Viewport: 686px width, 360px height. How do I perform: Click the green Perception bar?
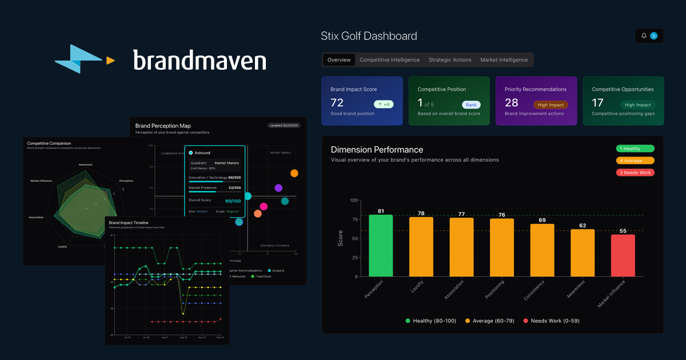(x=381, y=245)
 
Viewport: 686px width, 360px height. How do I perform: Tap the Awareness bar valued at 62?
(x=583, y=253)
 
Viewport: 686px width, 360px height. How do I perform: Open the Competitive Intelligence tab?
(x=389, y=60)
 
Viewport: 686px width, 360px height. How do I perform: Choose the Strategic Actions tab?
(x=450, y=60)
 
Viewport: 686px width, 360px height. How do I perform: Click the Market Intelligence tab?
(x=504, y=60)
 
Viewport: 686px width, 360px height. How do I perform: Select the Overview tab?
(x=339, y=60)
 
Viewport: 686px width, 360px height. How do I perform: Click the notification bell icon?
(x=644, y=36)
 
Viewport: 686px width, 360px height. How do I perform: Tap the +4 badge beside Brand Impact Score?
(x=384, y=105)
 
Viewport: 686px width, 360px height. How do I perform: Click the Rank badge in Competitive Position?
(x=472, y=105)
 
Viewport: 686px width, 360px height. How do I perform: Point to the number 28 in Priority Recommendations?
(x=511, y=103)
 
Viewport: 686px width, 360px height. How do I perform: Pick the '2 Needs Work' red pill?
(x=635, y=173)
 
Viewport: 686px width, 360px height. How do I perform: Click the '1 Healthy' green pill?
(x=635, y=149)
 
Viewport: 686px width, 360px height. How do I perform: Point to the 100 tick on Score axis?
(x=353, y=201)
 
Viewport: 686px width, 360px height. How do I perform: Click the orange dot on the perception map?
(x=294, y=173)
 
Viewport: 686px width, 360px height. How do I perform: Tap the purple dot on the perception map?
(x=278, y=188)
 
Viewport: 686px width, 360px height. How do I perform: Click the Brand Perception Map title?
(x=163, y=126)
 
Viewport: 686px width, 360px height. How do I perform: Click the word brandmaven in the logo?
(x=200, y=60)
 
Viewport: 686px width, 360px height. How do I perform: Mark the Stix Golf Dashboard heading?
(x=369, y=36)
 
